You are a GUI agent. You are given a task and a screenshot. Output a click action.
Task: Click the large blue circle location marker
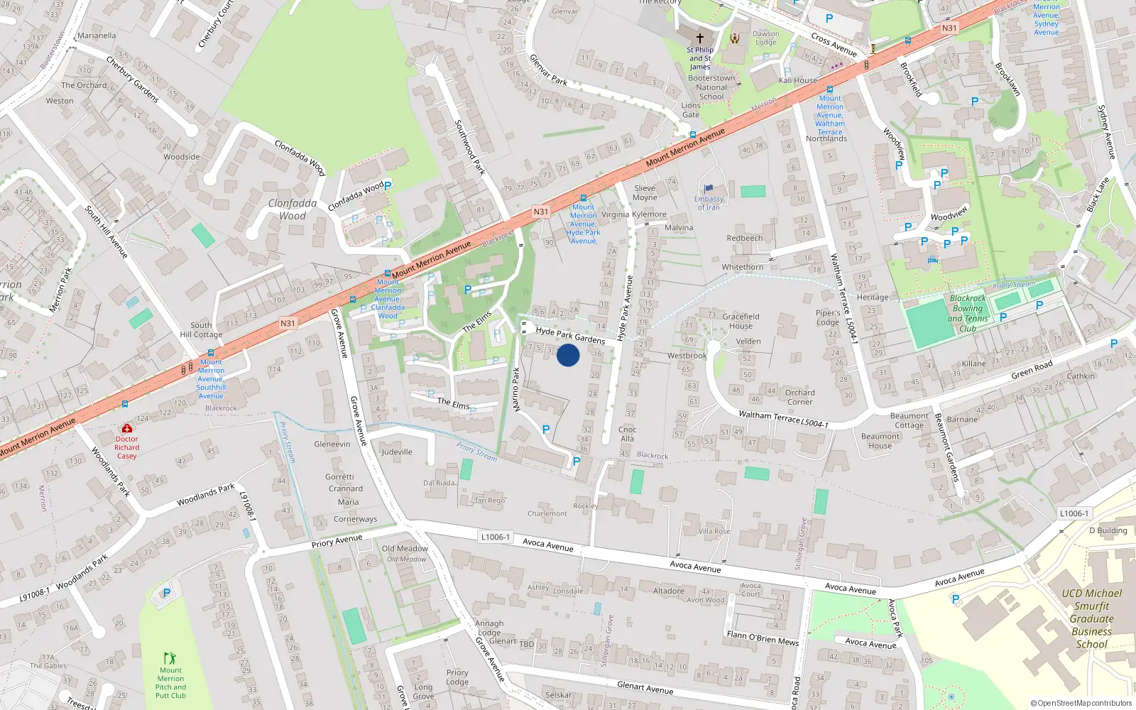(x=568, y=355)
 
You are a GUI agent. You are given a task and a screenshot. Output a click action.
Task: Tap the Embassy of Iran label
(x=709, y=203)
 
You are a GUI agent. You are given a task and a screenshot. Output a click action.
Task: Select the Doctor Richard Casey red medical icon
(x=126, y=428)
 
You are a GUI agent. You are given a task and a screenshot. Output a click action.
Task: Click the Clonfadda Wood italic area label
(x=293, y=209)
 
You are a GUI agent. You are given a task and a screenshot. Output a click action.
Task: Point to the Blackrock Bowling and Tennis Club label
(x=968, y=314)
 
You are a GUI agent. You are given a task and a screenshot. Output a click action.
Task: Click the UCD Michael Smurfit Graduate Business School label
(x=1092, y=618)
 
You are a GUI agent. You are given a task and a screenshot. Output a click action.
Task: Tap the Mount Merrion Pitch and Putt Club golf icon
(x=170, y=658)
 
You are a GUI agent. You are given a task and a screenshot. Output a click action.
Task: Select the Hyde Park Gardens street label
(x=570, y=335)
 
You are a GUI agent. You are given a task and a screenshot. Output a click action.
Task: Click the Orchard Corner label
(x=800, y=397)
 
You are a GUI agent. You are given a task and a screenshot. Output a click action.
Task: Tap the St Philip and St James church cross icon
(x=700, y=38)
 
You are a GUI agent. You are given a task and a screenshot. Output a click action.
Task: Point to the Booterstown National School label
(x=711, y=87)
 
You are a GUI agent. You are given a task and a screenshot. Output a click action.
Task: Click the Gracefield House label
(x=741, y=321)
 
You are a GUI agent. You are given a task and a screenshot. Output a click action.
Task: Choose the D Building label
(x=1108, y=530)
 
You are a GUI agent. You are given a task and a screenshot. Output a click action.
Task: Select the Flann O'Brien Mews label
(x=763, y=638)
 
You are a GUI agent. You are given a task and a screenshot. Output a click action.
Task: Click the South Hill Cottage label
(x=201, y=329)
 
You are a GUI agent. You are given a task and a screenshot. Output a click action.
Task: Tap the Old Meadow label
(x=405, y=548)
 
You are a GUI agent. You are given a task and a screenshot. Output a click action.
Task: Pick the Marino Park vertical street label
(x=516, y=389)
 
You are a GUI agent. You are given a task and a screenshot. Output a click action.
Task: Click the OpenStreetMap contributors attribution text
(x=1081, y=703)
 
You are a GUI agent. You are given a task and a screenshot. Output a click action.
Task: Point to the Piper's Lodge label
(x=828, y=317)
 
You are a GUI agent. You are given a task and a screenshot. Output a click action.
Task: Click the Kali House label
(x=798, y=80)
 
